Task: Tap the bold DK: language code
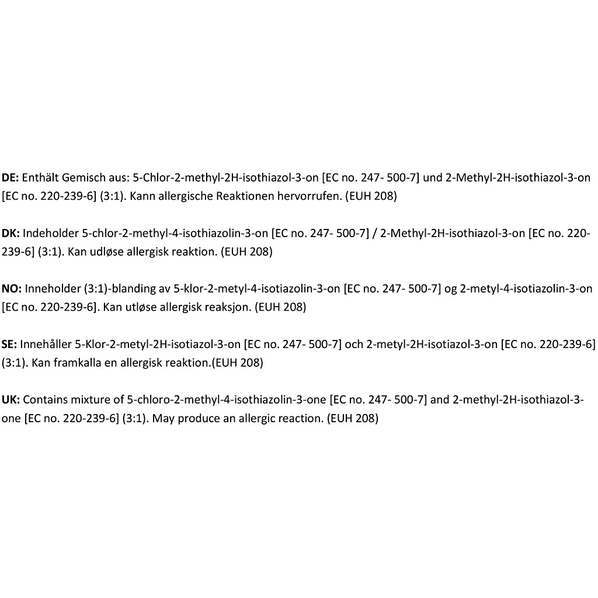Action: [11, 234]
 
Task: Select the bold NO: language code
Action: [12, 288]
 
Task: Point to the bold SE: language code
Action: [9, 345]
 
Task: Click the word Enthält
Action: [42, 178]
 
